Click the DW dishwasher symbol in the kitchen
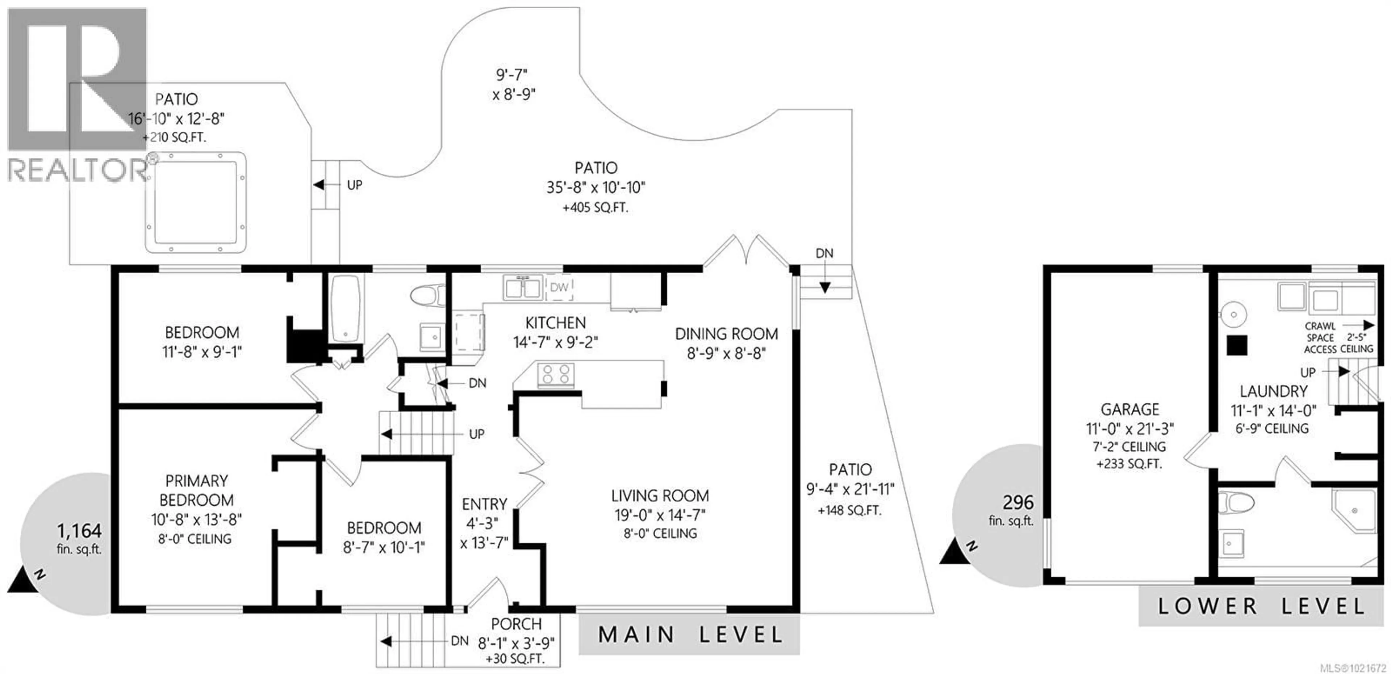(x=559, y=287)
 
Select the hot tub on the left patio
(x=196, y=202)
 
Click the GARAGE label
(x=1130, y=409)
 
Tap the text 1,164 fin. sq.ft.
(x=79, y=539)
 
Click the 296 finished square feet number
(x=1018, y=502)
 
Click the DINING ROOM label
(x=726, y=334)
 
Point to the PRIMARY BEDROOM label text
(x=197, y=490)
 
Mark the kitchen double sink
(x=522, y=287)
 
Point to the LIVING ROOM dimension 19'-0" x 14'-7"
(x=659, y=515)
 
